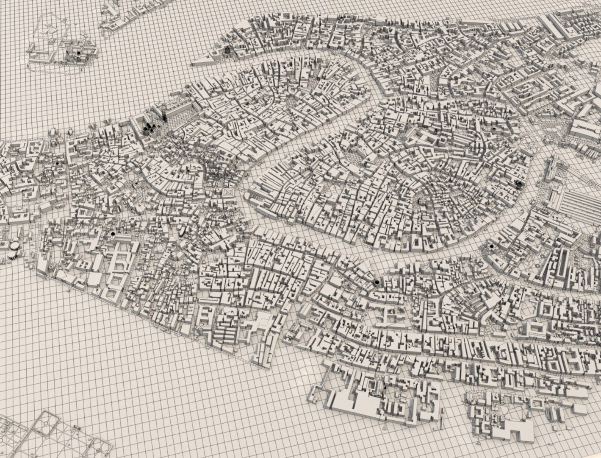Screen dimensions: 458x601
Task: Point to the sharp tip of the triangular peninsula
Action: click(x=192, y=64)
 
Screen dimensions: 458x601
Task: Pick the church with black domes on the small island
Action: click(x=79, y=53)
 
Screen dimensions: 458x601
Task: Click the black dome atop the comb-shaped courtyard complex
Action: click(x=113, y=233)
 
